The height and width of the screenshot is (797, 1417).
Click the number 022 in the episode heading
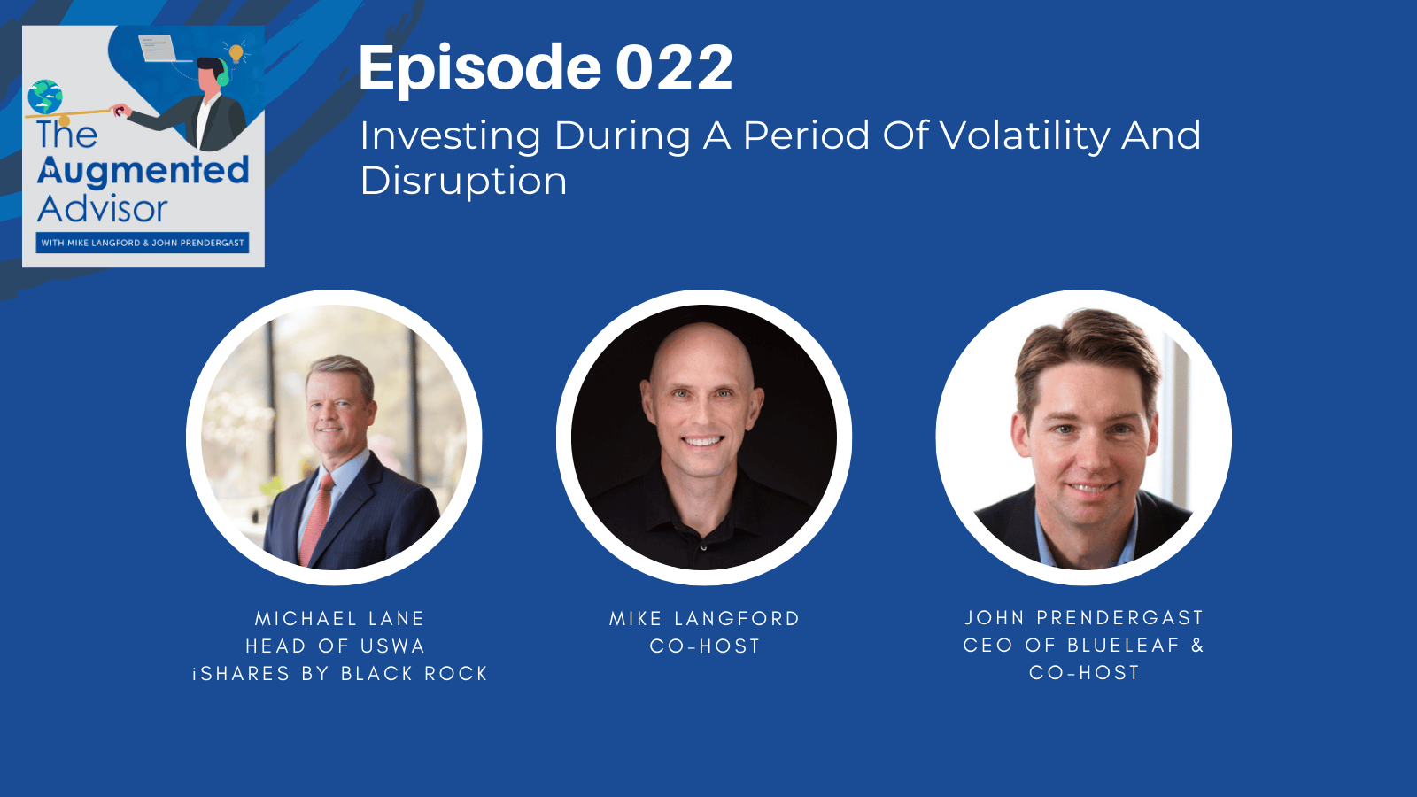(674, 67)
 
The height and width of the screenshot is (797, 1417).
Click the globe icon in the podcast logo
(45, 97)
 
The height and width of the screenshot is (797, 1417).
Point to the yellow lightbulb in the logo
(236, 53)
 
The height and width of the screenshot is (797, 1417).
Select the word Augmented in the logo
(143, 172)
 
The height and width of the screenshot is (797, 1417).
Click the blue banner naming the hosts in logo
(143, 243)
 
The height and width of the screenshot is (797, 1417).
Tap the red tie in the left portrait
(316, 519)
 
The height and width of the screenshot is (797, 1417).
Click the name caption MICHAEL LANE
(340, 619)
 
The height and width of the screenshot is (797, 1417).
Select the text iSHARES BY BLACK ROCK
(340, 674)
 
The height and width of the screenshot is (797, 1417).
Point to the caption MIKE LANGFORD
(705, 619)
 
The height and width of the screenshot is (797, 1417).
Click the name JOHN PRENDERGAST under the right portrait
(1084, 617)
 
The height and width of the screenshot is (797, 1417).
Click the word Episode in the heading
(479, 68)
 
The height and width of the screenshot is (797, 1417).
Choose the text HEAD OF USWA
(336, 646)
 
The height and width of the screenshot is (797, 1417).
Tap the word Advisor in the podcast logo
(103, 209)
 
